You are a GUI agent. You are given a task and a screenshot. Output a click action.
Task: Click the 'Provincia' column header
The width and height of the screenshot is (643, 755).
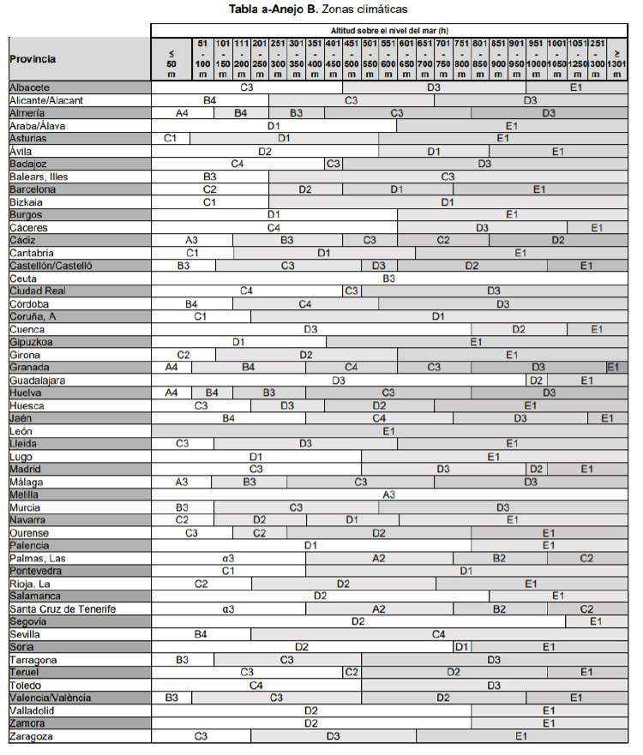point(33,59)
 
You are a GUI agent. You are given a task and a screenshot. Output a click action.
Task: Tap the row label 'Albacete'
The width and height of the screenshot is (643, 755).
point(30,87)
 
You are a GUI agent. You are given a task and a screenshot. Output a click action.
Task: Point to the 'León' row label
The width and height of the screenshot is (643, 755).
point(21,431)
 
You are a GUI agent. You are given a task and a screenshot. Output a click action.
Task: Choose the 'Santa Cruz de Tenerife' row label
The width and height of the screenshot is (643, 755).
point(63,608)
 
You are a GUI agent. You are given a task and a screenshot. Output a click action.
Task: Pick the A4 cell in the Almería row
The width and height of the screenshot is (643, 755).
point(182,113)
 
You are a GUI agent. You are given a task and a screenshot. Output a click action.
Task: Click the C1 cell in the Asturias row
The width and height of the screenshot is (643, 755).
point(170,138)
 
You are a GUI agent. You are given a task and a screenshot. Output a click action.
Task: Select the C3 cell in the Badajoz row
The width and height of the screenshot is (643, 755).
point(334,164)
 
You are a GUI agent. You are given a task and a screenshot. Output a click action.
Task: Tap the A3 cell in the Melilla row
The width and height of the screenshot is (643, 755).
point(388,494)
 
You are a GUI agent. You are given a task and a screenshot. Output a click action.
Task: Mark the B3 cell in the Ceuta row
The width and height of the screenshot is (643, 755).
point(388,279)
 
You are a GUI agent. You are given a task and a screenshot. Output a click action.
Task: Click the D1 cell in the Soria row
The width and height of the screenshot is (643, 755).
point(461,647)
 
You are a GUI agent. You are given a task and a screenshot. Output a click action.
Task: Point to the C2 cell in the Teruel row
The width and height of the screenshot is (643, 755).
point(352,672)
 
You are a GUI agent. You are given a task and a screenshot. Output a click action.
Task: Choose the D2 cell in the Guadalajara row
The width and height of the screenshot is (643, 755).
point(536,380)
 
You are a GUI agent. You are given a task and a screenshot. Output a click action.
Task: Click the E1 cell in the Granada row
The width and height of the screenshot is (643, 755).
point(612,367)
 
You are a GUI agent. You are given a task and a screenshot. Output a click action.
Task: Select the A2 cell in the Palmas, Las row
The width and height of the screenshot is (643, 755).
point(379,558)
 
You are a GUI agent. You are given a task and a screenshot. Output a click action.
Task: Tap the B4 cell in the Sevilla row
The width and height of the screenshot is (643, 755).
point(201,634)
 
